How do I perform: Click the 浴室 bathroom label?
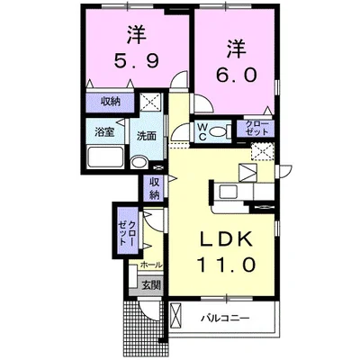[104, 132]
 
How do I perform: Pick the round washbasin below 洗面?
[139, 162]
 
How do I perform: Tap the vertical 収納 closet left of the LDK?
[154, 189]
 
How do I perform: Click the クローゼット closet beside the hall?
[125, 231]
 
